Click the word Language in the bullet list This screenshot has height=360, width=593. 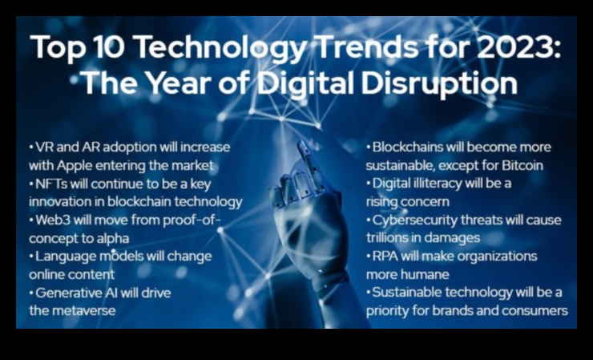coord(66,257)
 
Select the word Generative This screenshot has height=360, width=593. coord(69,293)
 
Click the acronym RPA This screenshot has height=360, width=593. coord(385,257)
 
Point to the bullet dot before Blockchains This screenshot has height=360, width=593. coord(369,148)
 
